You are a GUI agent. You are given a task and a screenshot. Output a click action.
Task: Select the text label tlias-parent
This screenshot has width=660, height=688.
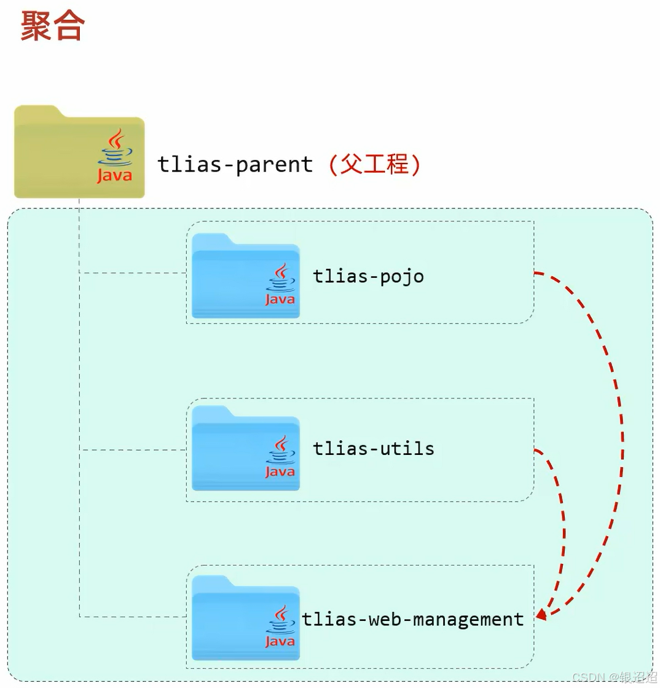coord(235,165)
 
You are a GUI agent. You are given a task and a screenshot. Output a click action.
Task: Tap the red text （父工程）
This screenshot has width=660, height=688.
coord(374,165)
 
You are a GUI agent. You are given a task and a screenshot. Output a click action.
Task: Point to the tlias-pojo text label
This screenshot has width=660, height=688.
coord(368,276)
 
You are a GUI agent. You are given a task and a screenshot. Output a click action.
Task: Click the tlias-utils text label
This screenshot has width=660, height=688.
coord(374,448)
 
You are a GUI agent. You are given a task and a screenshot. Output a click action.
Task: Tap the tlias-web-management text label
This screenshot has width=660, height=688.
coord(413,619)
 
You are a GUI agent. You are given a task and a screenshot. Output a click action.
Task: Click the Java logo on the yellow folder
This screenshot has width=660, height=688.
coord(114,157)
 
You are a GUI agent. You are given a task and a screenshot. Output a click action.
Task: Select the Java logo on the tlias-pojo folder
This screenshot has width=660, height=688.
coord(280,285)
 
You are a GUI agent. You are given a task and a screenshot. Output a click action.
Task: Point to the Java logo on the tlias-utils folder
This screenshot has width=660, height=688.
coord(280,457)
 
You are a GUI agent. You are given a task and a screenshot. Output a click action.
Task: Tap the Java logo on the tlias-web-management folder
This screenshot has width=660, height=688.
coord(280,627)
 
